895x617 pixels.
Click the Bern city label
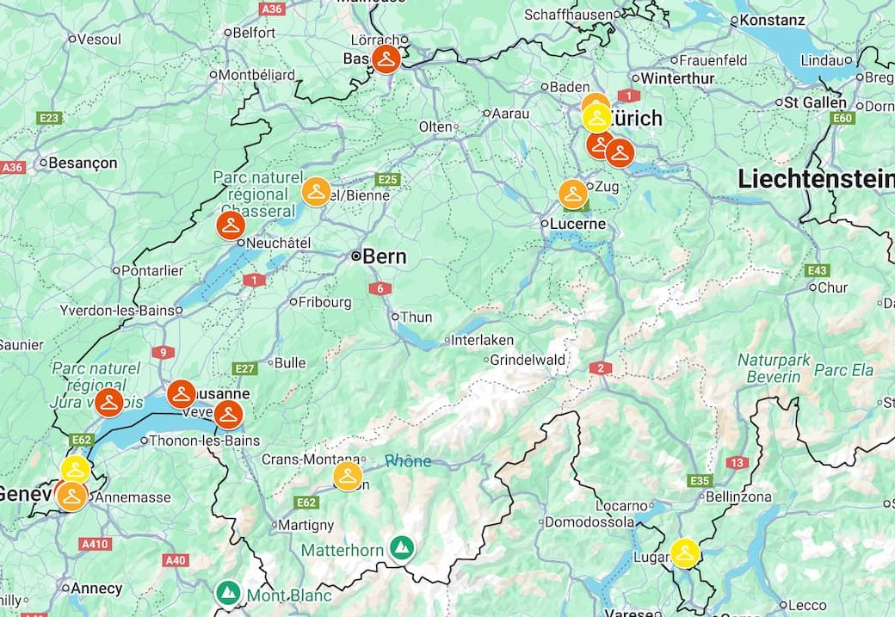click(384, 256)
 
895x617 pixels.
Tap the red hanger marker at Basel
click(386, 59)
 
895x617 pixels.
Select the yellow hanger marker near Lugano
click(685, 552)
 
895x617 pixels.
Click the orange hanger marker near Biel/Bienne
click(317, 192)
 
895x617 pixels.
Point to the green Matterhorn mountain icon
click(400, 547)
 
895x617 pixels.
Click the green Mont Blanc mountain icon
click(227, 593)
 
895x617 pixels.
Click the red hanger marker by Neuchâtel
click(231, 225)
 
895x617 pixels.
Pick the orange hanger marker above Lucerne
click(573, 194)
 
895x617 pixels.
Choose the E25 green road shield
click(388, 179)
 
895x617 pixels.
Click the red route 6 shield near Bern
click(380, 288)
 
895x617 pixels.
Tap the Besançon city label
click(83, 163)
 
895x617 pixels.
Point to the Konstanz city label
click(772, 20)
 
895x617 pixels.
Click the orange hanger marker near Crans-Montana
click(348, 476)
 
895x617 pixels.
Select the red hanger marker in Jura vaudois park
click(109, 402)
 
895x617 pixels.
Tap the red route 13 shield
click(737, 463)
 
